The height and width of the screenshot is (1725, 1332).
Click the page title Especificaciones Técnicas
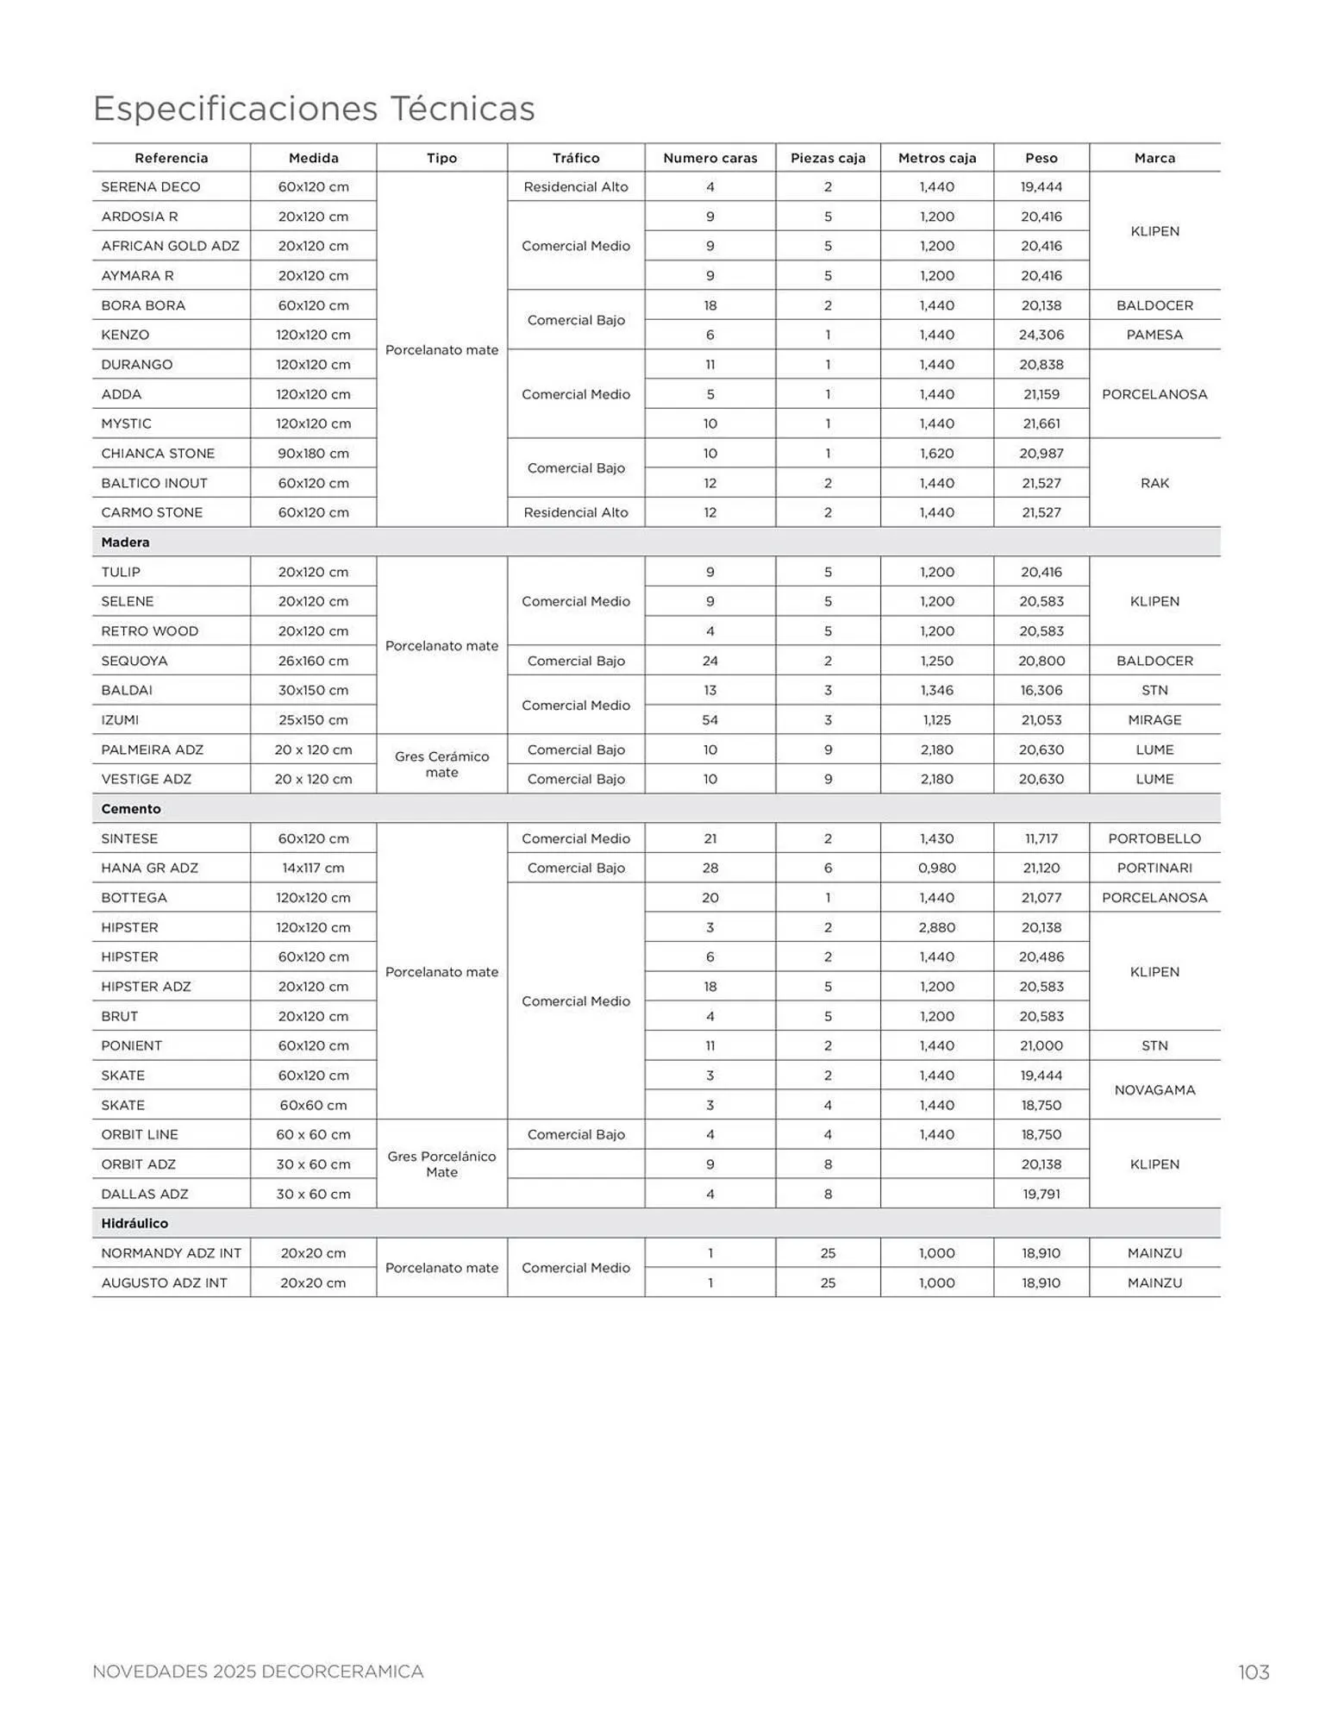tap(314, 110)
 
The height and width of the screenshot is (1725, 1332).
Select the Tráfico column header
tap(576, 158)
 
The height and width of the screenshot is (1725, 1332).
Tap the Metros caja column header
tap(937, 158)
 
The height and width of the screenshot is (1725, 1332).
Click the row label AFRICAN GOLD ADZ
tap(171, 246)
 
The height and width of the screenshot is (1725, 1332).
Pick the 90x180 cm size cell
tap(313, 454)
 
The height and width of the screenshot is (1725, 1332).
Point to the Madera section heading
tap(126, 543)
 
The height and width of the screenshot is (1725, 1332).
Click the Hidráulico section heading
tap(134, 1223)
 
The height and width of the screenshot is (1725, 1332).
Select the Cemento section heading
tap(131, 809)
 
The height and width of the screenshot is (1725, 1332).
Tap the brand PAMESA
tap(1154, 335)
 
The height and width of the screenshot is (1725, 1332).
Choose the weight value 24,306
tap(1041, 335)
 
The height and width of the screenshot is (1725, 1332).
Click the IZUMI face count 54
tap(710, 720)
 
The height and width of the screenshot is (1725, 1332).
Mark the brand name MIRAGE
tap(1154, 720)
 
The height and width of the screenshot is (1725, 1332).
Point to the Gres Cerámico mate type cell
tap(441, 764)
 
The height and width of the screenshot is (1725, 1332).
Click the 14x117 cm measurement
tap(313, 868)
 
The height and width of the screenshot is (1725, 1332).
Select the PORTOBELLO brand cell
tap(1154, 838)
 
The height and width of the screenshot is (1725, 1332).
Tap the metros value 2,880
tap(937, 927)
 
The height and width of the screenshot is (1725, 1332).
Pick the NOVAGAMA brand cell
tap(1154, 1090)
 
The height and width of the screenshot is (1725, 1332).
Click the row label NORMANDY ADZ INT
tap(172, 1253)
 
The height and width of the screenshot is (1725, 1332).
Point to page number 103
tap(1254, 1672)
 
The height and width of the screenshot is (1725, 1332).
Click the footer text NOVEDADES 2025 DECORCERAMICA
tap(258, 1672)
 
